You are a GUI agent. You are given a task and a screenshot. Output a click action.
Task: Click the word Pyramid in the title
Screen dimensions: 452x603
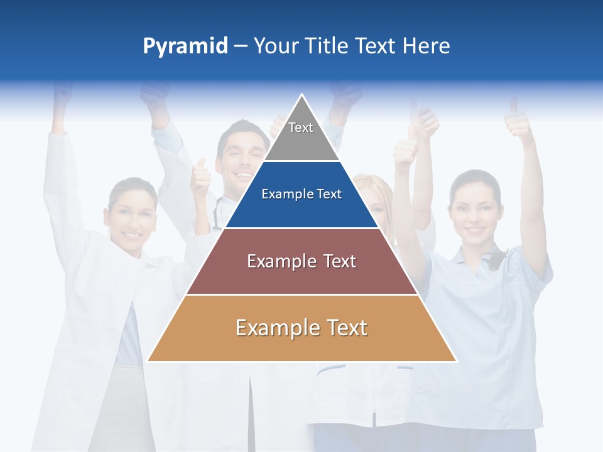click(185, 46)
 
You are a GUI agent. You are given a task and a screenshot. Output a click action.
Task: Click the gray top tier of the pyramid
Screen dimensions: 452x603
click(301, 135)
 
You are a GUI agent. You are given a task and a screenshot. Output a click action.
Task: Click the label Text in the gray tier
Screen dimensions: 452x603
click(301, 127)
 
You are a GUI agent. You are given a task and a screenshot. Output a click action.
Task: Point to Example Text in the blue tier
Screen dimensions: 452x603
click(301, 195)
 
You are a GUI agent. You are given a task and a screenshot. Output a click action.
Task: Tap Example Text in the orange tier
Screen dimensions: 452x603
click(301, 328)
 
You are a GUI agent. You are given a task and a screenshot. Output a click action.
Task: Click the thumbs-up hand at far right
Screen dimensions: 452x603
click(519, 119)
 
